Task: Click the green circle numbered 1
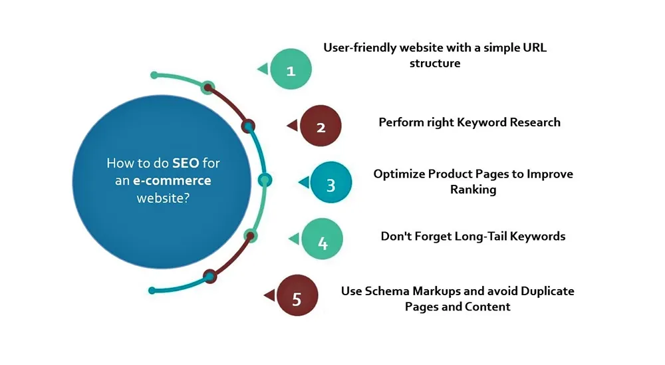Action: (x=291, y=69)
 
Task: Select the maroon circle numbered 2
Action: (x=321, y=126)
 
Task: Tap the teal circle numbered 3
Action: (x=331, y=182)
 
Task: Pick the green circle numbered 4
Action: (x=323, y=239)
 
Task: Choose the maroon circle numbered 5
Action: (x=297, y=295)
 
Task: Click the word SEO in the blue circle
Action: (x=186, y=163)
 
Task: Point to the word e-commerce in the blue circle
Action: (x=172, y=181)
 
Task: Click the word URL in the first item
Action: (x=535, y=47)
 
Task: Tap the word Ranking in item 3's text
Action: (x=473, y=189)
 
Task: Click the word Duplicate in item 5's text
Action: (x=547, y=292)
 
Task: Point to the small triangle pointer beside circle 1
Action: (x=263, y=68)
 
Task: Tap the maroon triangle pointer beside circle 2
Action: (x=293, y=126)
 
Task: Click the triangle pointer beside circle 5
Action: (x=270, y=295)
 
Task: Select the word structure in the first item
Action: (x=435, y=64)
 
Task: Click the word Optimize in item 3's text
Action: (x=399, y=174)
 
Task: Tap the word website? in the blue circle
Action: (x=163, y=198)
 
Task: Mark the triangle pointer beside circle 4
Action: (x=295, y=239)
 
